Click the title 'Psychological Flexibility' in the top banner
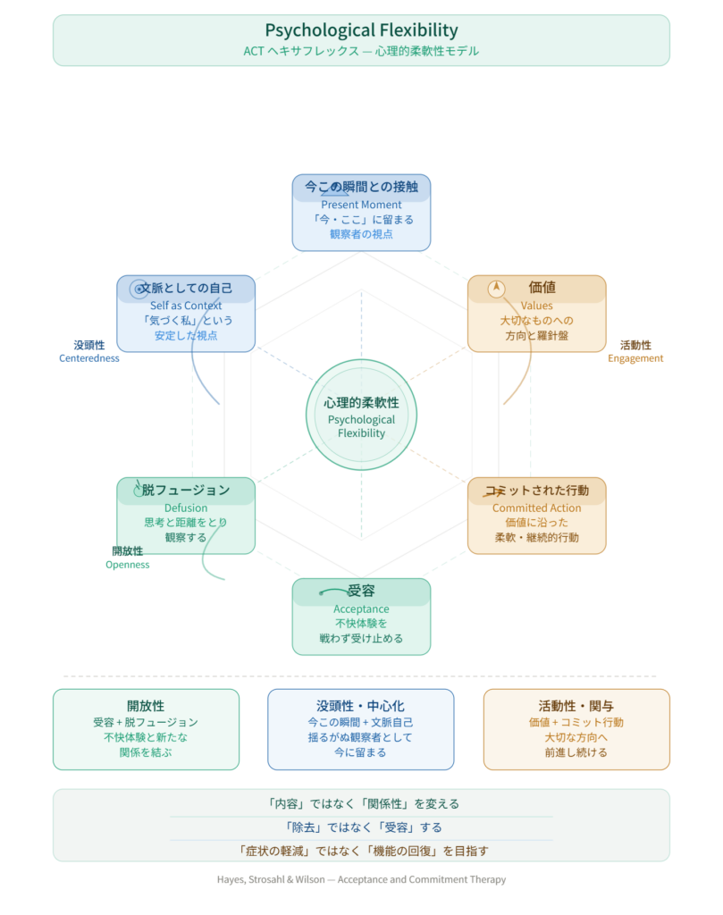tap(361, 30)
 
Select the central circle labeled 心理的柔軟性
tap(361, 415)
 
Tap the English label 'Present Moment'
tap(361, 205)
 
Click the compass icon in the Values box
tap(496, 289)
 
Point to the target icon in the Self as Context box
tap(138, 289)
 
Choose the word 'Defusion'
tap(186, 508)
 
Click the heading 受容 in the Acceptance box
tap(361, 592)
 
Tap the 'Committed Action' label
tap(536, 508)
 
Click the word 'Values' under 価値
tap(536, 306)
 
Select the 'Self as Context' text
tap(186, 306)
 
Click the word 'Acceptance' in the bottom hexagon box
tap(361, 609)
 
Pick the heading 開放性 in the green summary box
tap(146, 706)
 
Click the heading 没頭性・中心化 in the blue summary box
tap(361, 706)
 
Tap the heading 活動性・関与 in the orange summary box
tap(576, 706)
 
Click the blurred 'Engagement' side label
tap(635, 358)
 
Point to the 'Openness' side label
tap(128, 565)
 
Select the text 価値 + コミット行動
tap(576, 722)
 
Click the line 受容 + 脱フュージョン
tap(146, 722)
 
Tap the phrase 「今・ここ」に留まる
tap(361, 220)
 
